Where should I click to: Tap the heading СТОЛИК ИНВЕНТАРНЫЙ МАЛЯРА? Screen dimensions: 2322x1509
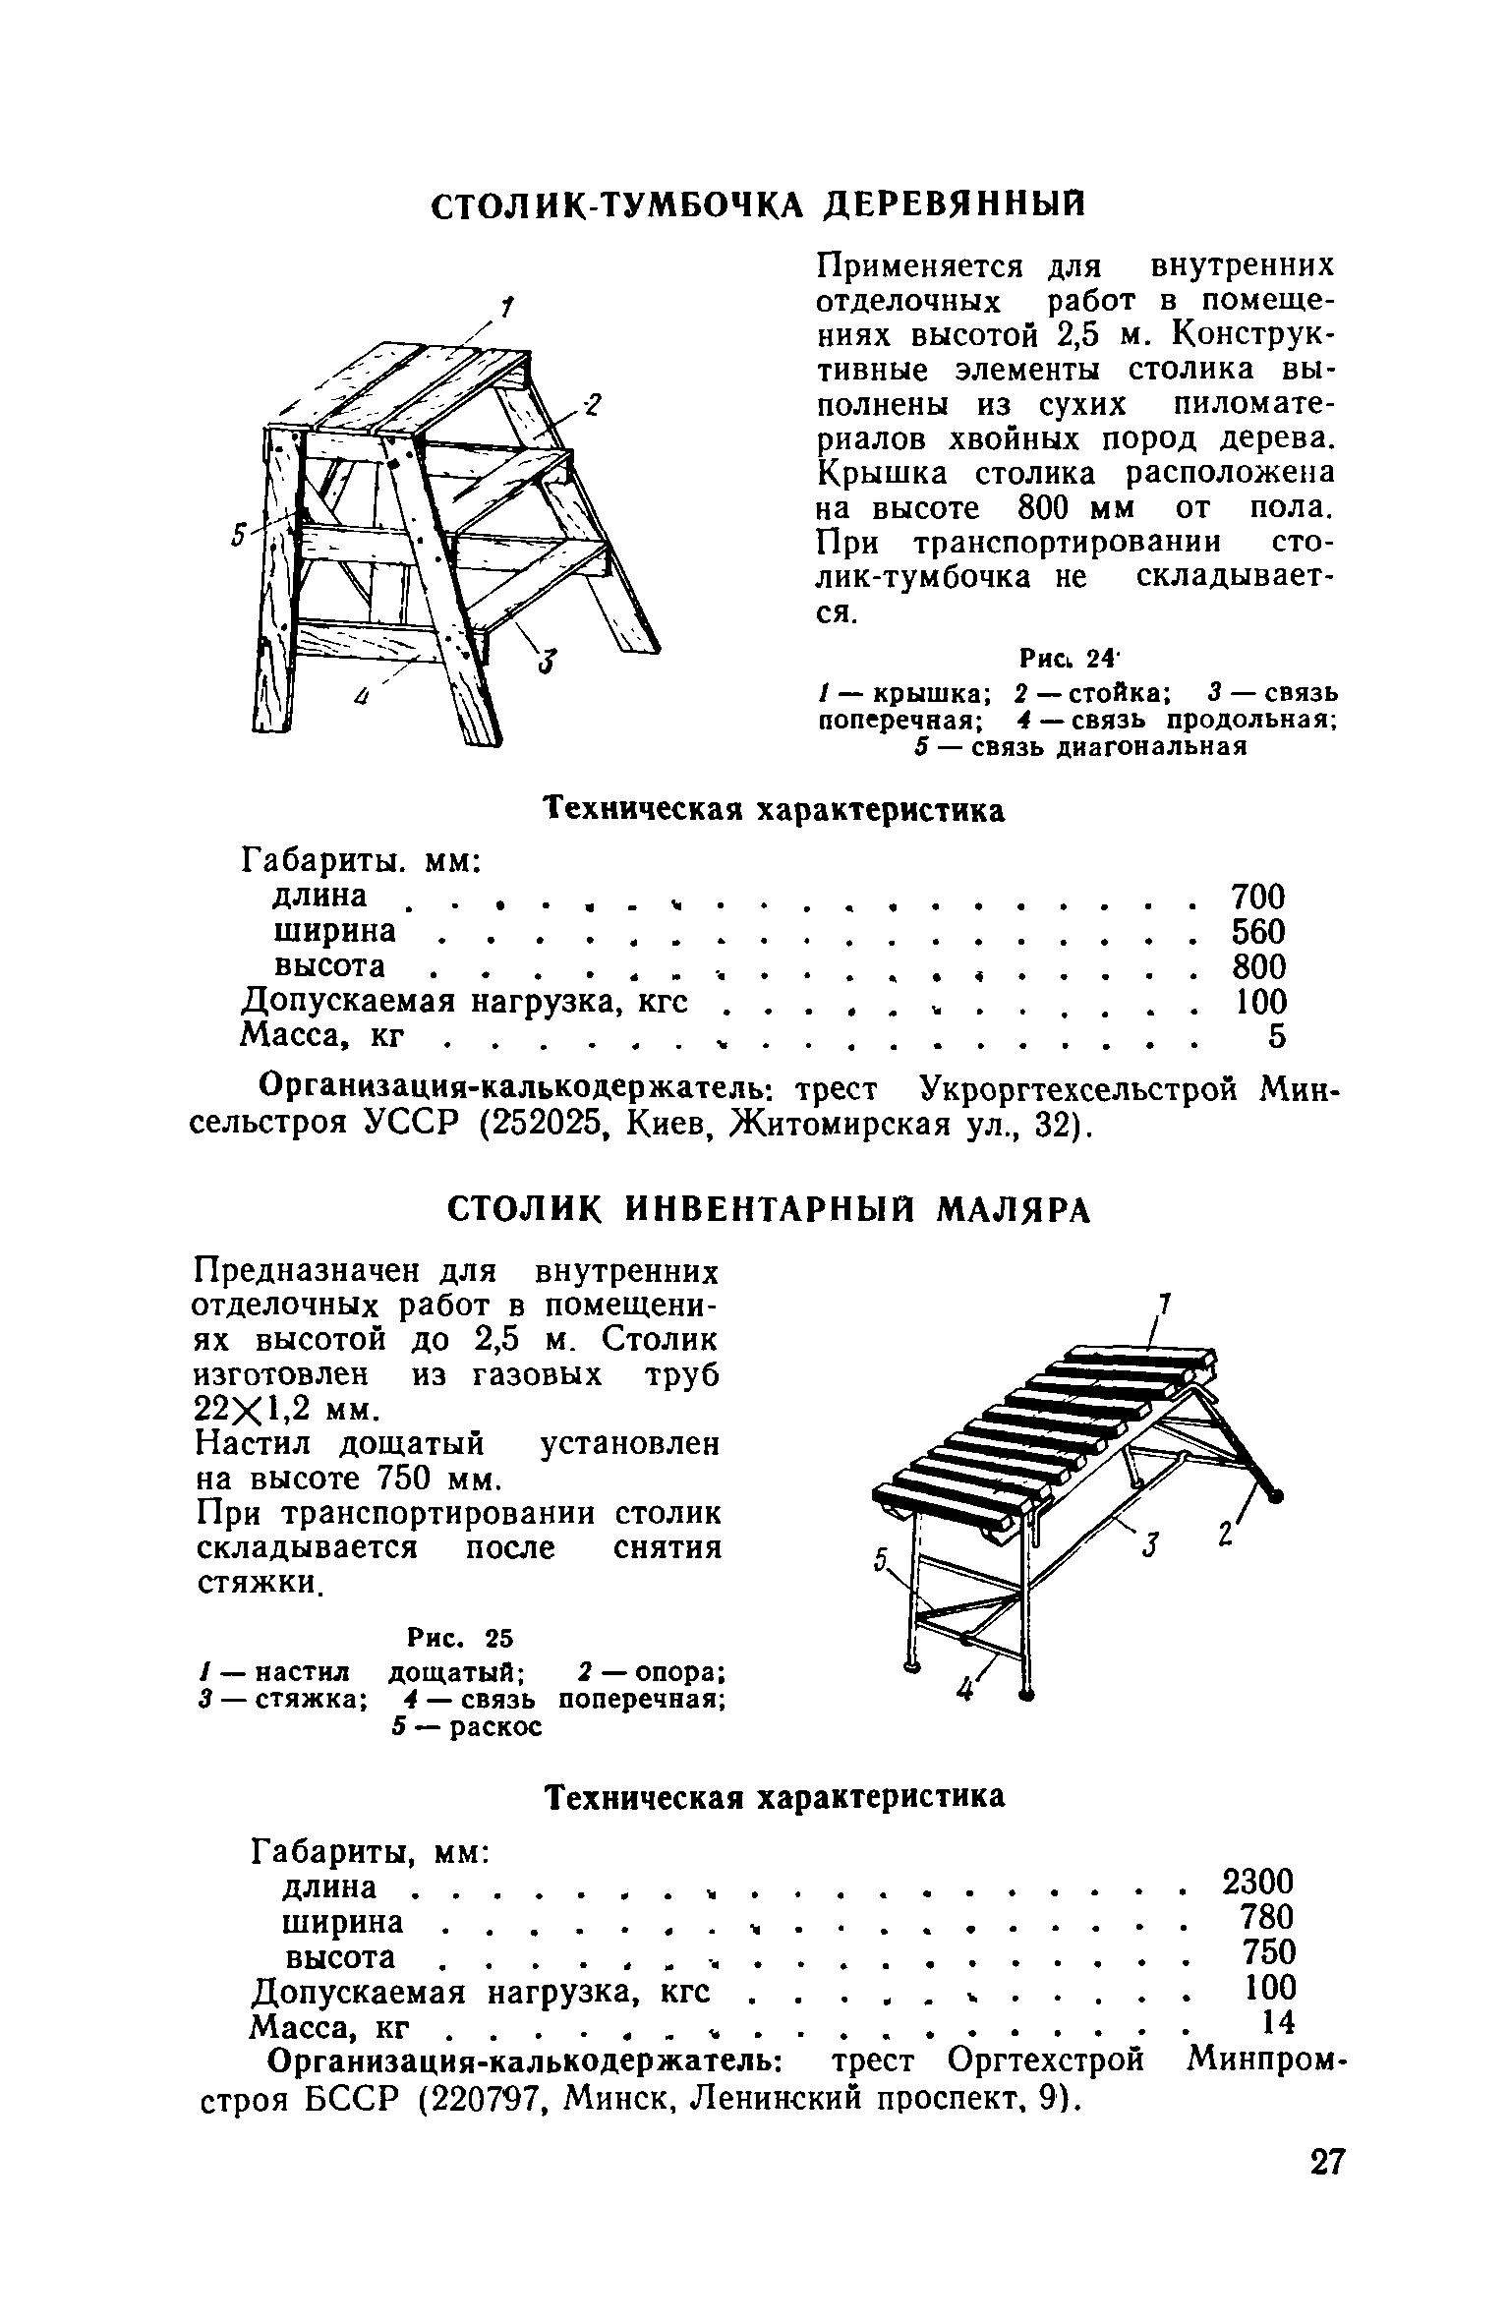[770, 1211]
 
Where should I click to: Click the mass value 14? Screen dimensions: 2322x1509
[1277, 2022]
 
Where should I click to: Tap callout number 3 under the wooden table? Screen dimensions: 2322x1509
[544, 666]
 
